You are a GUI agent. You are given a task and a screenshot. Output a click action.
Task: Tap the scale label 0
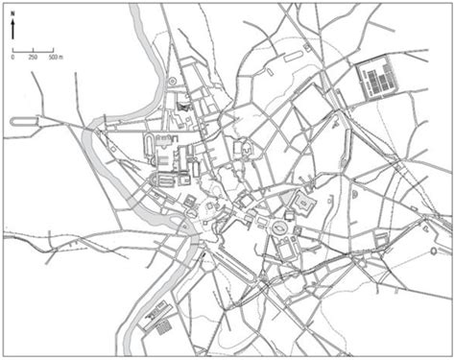(12, 57)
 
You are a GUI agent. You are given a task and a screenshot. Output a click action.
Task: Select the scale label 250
(33, 57)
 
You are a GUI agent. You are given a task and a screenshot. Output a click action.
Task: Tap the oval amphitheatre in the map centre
(281, 228)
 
